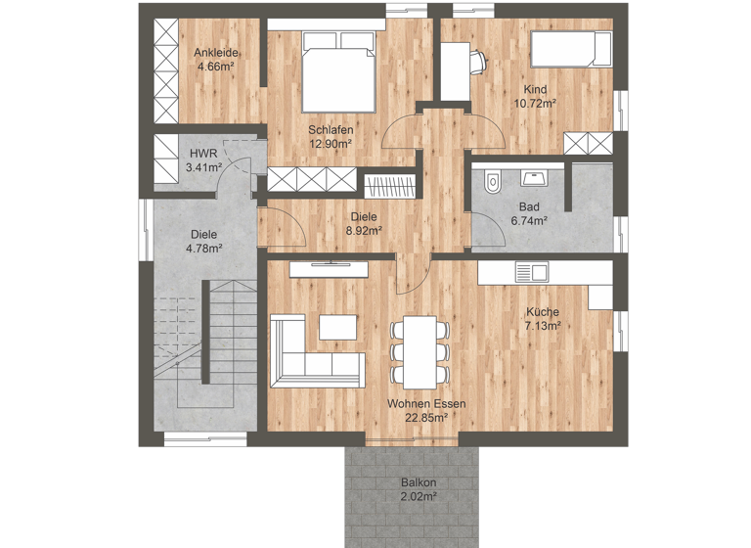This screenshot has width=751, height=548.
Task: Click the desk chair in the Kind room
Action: (x=476, y=60)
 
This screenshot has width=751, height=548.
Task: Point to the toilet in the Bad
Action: (x=492, y=180)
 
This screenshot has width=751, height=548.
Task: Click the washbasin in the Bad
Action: (x=534, y=178)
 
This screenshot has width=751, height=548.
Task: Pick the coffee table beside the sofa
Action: (x=337, y=325)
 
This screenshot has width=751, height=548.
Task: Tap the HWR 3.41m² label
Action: (x=203, y=160)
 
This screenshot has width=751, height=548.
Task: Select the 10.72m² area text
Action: (x=535, y=102)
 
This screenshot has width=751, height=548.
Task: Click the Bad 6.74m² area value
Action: (x=529, y=220)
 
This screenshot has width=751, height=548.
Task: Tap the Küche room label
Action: (x=542, y=312)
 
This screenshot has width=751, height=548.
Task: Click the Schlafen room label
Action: (x=331, y=129)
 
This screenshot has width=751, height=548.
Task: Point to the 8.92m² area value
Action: (x=364, y=231)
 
